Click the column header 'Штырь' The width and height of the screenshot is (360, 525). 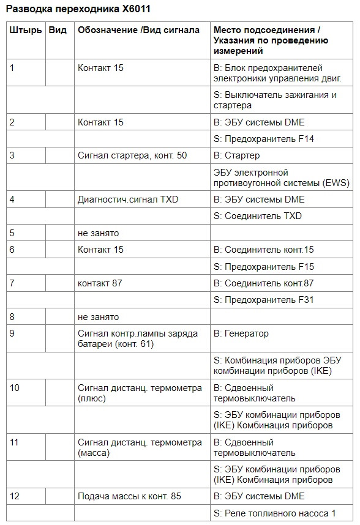click(x=26, y=31)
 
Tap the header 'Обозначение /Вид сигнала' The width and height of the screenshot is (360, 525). click(x=138, y=31)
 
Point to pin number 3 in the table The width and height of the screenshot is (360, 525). click(x=13, y=155)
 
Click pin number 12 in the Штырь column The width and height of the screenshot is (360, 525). click(x=15, y=496)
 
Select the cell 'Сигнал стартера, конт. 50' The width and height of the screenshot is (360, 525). click(x=132, y=155)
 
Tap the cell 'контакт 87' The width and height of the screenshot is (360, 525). click(x=100, y=283)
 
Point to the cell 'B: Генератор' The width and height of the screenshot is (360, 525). click(x=241, y=333)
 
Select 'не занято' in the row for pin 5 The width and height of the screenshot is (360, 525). click(x=98, y=233)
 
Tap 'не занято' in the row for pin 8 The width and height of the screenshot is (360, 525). click(x=98, y=316)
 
